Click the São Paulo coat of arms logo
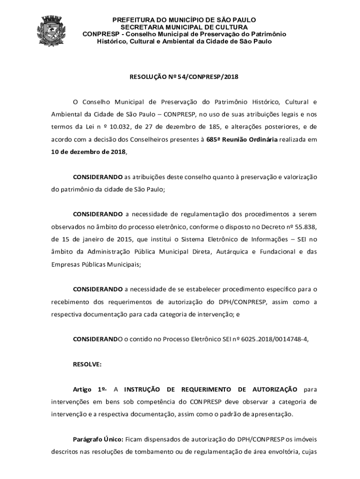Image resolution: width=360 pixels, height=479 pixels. [x=51, y=30]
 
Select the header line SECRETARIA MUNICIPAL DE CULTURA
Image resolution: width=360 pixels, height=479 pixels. [x=184, y=27]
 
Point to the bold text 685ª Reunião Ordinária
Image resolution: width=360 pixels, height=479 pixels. [x=242, y=139]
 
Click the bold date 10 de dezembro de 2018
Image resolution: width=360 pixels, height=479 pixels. [x=88, y=152]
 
